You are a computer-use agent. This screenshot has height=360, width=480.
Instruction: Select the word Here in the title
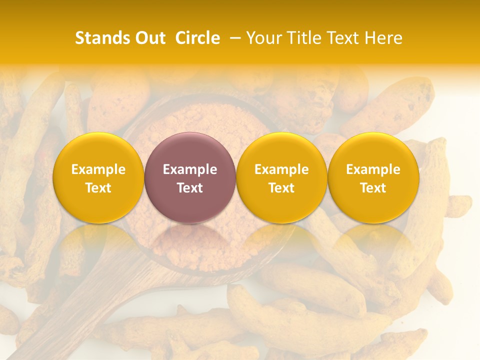[x=383, y=38]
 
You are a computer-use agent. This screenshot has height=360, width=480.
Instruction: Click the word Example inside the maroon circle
[x=190, y=169]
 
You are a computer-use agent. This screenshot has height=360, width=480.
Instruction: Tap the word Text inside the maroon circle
[x=190, y=188]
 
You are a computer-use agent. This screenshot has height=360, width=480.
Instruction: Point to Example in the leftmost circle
[x=98, y=169]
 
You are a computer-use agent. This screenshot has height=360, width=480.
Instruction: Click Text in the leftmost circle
[x=98, y=188]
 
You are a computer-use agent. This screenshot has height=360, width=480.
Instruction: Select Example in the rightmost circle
[x=373, y=169]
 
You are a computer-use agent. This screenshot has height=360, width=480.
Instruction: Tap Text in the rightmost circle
[x=373, y=188]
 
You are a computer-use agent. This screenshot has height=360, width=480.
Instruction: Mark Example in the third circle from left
[x=281, y=169]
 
